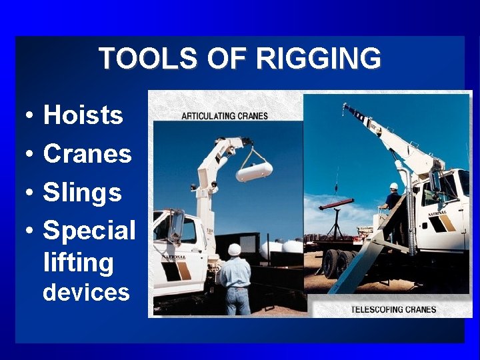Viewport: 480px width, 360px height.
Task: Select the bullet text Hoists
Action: pyautogui.click(x=83, y=115)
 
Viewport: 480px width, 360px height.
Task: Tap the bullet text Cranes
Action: pyautogui.click(x=87, y=154)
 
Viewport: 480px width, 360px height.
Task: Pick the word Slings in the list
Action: pyautogui.click(x=83, y=193)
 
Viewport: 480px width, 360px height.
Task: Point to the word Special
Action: pyautogui.click(x=89, y=231)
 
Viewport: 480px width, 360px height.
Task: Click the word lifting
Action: pyautogui.click(x=78, y=262)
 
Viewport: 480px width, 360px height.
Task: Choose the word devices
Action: pyautogui.click(x=86, y=292)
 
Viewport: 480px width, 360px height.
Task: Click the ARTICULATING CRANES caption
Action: pyautogui.click(x=225, y=116)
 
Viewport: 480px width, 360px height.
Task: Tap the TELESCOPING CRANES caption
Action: pyautogui.click(x=393, y=309)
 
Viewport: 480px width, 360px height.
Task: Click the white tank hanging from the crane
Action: pyautogui.click(x=254, y=171)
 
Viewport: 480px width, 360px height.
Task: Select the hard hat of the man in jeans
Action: pyautogui.click(x=234, y=249)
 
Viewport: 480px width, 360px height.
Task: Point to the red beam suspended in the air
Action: pyautogui.click(x=336, y=204)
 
